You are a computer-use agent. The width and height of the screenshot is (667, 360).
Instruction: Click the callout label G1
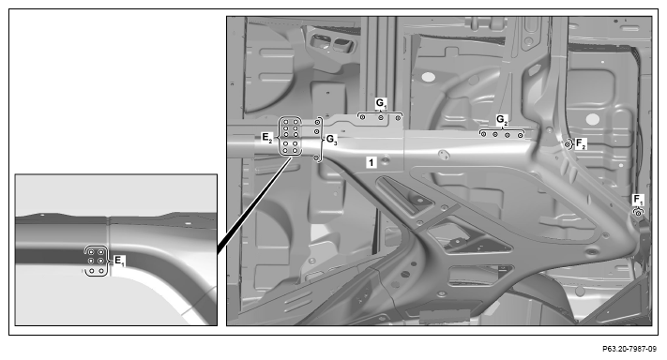381,103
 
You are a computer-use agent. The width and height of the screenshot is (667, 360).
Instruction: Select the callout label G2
503,120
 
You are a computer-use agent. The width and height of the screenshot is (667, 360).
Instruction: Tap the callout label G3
332,139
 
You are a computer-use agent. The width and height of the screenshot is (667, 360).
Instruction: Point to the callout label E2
266,137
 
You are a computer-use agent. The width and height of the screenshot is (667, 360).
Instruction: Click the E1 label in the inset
120,261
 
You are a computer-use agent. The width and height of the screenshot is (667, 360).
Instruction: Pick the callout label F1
639,200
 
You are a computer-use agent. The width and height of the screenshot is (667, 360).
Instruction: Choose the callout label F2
581,143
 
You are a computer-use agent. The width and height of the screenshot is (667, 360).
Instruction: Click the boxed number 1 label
371,162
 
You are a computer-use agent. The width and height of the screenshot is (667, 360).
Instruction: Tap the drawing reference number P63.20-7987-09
629,349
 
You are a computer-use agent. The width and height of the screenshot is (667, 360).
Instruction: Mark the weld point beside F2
568,145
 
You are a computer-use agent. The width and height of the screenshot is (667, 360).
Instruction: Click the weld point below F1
638,214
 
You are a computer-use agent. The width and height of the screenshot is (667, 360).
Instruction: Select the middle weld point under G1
381,118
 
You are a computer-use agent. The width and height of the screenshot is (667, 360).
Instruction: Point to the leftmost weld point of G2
484,134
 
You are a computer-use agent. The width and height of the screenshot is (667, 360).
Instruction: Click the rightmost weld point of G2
521,135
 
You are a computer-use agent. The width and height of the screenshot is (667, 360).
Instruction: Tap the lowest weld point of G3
316,157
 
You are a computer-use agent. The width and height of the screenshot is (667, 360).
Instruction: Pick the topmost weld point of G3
317,122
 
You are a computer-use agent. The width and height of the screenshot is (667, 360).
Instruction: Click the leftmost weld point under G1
362,117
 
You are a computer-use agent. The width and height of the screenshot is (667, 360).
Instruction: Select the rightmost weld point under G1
398,118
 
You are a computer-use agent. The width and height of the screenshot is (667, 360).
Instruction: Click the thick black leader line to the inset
254,206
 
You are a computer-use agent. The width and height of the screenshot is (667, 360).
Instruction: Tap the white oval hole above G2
429,77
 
